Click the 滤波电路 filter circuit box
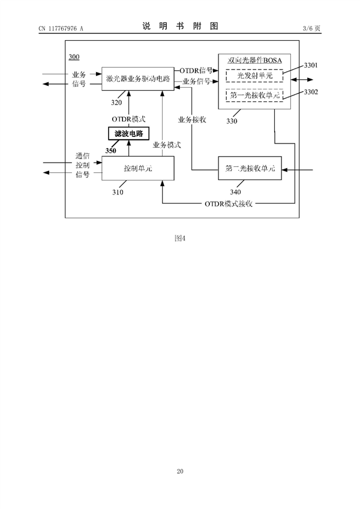(x=128, y=133)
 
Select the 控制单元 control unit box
(x=137, y=169)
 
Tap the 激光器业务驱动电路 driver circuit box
(x=137, y=79)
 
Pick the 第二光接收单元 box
(x=250, y=169)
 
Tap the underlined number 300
(x=74, y=57)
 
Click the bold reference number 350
(x=111, y=151)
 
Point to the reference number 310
(x=118, y=193)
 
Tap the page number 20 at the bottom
(x=180, y=471)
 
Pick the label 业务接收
(x=192, y=119)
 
